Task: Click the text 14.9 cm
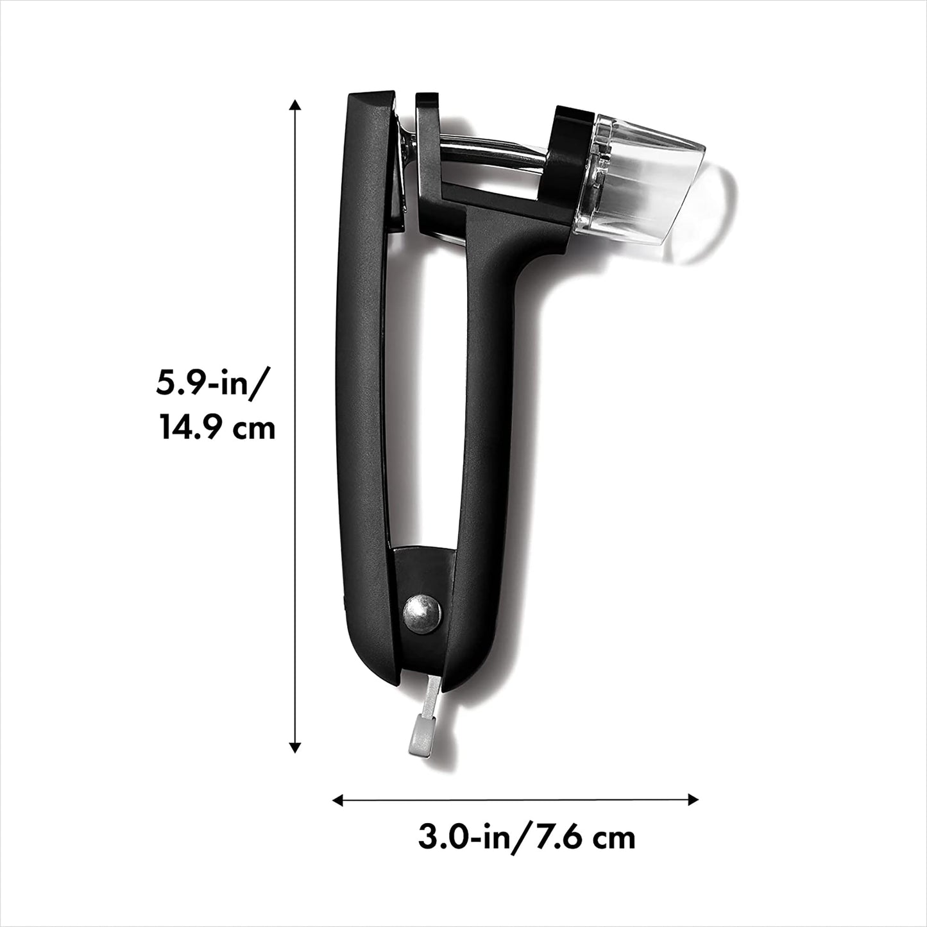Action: [x=218, y=429]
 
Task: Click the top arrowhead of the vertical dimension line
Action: [x=294, y=106]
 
